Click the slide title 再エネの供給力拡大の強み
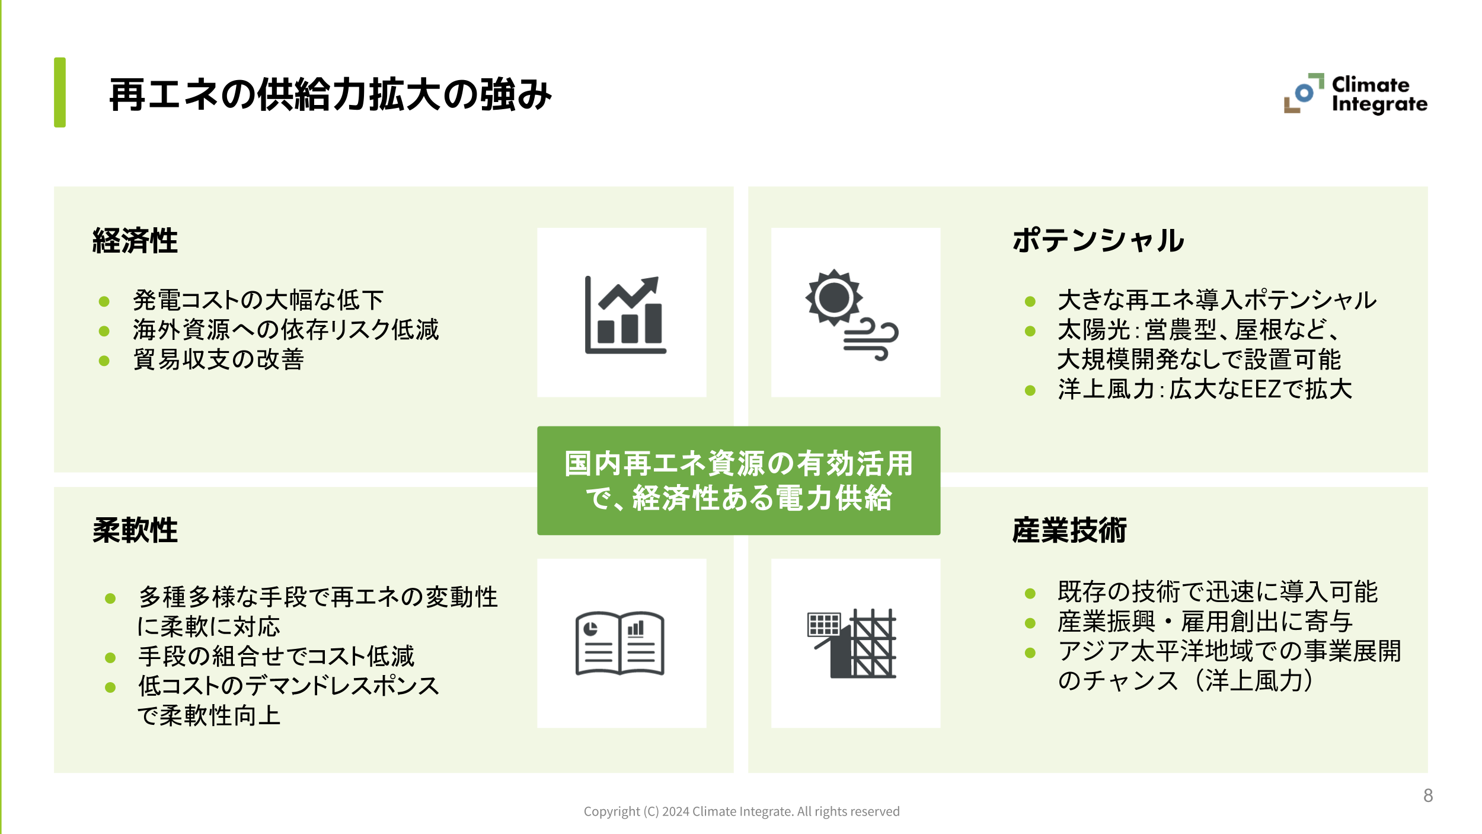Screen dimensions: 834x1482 (330, 95)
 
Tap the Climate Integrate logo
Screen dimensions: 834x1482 (1355, 94)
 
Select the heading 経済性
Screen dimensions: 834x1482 (135, 241)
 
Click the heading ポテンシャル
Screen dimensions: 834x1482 (1098, 241)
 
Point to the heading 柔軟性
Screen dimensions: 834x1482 (135, 530)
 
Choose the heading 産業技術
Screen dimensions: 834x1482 (1069, 530)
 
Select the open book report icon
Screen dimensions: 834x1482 (620, 644)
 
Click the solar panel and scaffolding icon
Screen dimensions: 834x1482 (852, 644)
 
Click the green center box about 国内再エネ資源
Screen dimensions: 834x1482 (739, 480)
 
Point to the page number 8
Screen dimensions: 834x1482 (1428, 795)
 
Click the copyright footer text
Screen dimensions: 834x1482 (741, 811)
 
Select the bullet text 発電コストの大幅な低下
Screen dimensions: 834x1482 (258, 300)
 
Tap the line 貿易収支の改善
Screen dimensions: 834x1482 (218, 359)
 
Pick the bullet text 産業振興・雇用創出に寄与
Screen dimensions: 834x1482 (1205, 622)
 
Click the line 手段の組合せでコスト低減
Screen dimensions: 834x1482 (276, 657)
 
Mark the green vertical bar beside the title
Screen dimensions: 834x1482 (60, 93)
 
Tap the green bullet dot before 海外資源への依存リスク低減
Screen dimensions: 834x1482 (104, 331)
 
